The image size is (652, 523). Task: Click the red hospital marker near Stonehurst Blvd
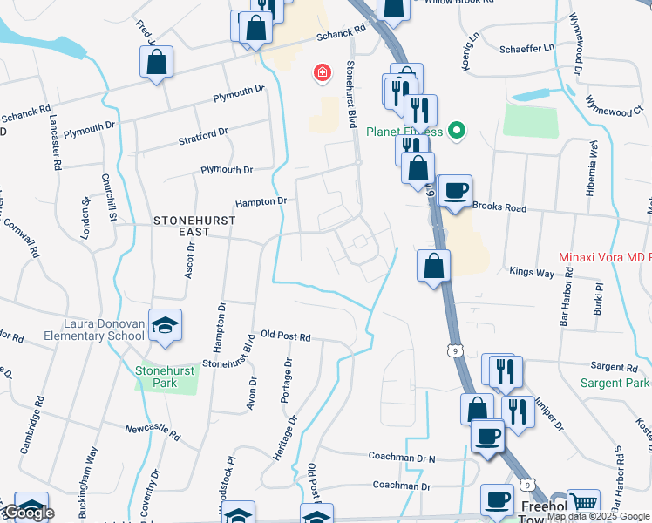pyautogui.click(x=323, y=72)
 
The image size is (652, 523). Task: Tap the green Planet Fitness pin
pyautogui.click(x=454, y=132)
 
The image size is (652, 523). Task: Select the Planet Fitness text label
pyautogui.click(x=404, y=132)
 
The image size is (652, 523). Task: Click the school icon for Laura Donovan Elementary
pyautogui.click(x=165, y=324)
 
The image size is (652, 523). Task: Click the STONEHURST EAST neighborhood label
pyautogui.click(x=195, y=227)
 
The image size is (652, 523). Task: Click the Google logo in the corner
pyautogui.click(x=28, y=513)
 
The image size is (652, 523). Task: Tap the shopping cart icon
pyautogui.click(x=583, y=504)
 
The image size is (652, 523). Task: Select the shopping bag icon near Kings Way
pyautogui.click(x=433, y=264)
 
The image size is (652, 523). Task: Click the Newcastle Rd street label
pyautogui.click(x=152, y=431)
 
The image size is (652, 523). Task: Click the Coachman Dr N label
pyautogui.click(x=401, y=458)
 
